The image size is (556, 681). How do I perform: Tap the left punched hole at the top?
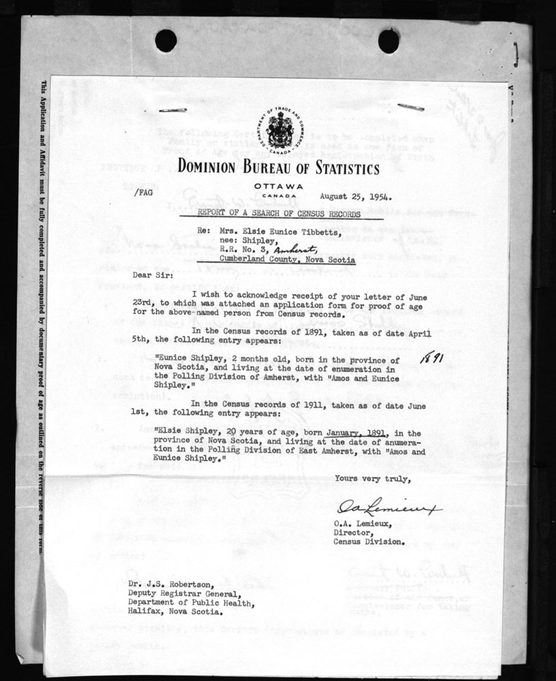pyautogui.click(x=166, y=41)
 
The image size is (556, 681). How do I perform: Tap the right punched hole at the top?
pyautogui.click(x=388, y=41)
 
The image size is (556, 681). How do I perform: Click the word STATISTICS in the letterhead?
pyautogui.click(x=345, y=168)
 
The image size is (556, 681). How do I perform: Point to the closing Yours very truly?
pyautogui.click(x=373, y=478)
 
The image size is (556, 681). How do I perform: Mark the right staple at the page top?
pyautogui.click(x=411, y=106)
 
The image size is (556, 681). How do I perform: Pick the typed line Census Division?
pyautogui.click(x=369, y=542)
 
